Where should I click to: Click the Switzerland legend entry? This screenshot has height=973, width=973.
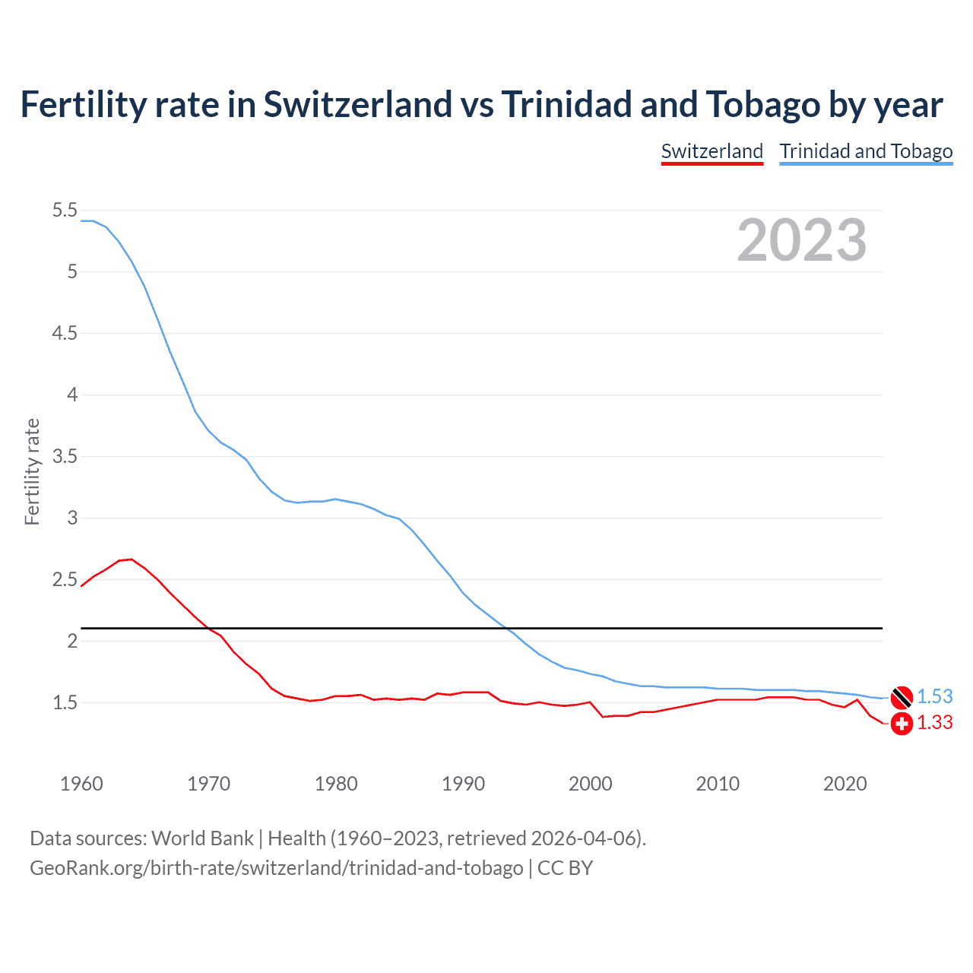pyautogui.click(x=712, y=151)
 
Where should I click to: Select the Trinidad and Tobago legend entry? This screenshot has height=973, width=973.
pyautogui.click(x=866, y=151)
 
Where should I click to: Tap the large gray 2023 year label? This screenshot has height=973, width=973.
pyautogui.click(x=801, y=240)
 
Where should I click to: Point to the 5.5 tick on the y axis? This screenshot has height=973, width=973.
pyautogui.click(x=65, y=211)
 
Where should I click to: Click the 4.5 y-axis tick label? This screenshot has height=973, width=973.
pyautogui.click(x=65, y=334)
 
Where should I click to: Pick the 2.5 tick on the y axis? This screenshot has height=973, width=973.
pyautogui.click(x=65, y=580)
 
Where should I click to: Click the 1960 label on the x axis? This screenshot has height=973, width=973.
pyautogui.click(x=81, y=784)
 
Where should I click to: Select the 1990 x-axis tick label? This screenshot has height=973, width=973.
pyautogui.click(x=463, y=784)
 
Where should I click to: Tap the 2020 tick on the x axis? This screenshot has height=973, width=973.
pyautogui.click(x=845, y=784)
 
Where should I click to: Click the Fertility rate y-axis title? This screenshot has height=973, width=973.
pyautogui.click(x=32, y=471)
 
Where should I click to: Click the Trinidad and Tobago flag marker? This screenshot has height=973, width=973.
pyautogui.click(x=901, y=696)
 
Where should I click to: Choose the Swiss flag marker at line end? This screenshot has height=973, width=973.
pyautogui.click(x=901, y=723)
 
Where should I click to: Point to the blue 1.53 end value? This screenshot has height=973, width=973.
pyautogui.click(x=934, y=696)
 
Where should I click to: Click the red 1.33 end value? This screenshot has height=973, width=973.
pyautogui.click(x=934, y=723)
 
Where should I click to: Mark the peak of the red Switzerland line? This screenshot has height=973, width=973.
pyautogui.click(x=131, y=559)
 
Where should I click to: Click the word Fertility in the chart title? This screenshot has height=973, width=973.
pyautogui.click(x=82, y=105)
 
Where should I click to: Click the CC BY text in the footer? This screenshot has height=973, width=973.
pyautogui.click(x=565, y=868)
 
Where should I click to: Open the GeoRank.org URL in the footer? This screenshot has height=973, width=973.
pyautogui.click(x=276, y=868)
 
